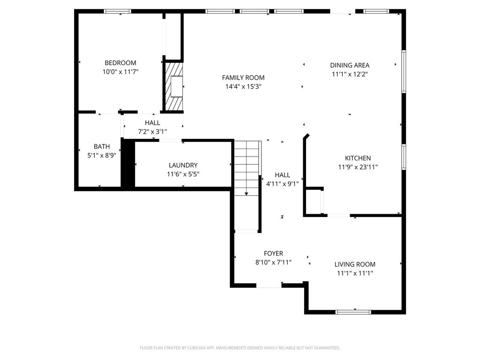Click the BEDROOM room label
click(x=120, y=63)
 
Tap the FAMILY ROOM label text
click(x=243, y=78)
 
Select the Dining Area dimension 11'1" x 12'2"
click(x=350, y=74)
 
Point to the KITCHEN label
click(x=358, y=158)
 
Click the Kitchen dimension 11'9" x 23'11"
click(x=358, y=167)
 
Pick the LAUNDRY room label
click(x=183, y=165)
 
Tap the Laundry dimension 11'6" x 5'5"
click(x=183, y=174)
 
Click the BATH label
click(x=102, y=147)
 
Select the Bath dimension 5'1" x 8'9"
click(x=102, y=156)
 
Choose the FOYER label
click(x=273, y=254)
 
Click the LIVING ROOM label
click(x=355, y=264)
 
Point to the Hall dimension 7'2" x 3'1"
click(x=152, y=132)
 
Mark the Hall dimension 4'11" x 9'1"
click(x=282, y=184)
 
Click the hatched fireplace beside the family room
click(x=174, y=86)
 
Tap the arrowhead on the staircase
click(x=247, y=194)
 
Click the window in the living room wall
click(x=353, y=312)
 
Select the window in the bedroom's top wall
click(x=117, y=11)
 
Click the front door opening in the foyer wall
click(x=269, y=285)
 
